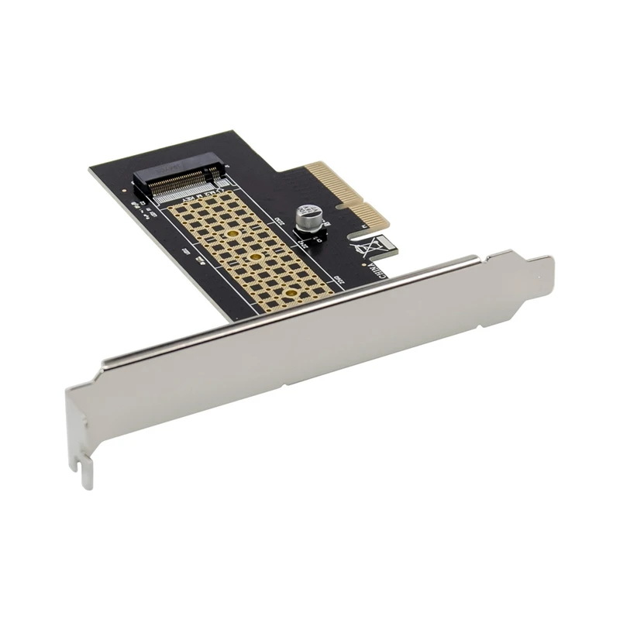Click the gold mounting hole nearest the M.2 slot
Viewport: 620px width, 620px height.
(230, 232)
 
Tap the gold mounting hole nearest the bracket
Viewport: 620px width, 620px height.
(290, 293)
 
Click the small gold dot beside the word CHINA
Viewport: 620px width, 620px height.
(364, 263)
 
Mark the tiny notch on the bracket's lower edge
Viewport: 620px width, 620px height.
(287, 385)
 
